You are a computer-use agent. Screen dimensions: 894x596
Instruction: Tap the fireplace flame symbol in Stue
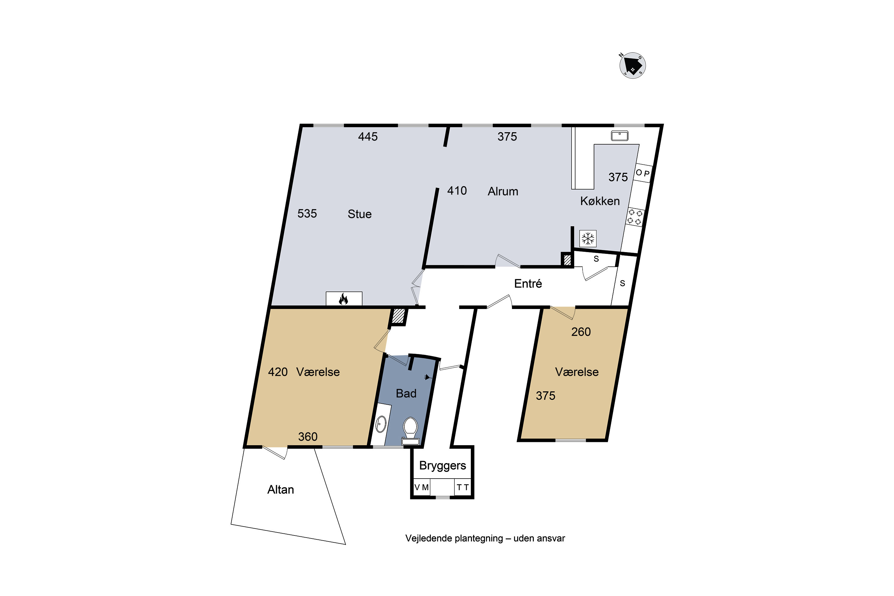click(x=343, y=299)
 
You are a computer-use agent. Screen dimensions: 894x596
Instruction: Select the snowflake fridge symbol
click(x=588, y=239)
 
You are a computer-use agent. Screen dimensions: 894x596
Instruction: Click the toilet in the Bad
click(x=411, y=431)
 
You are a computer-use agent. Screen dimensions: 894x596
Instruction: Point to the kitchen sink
click(x=620, y=136)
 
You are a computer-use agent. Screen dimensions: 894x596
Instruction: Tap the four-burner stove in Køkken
click(x=635, y=217)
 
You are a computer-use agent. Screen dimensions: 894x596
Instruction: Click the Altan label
click(x=280, y=490)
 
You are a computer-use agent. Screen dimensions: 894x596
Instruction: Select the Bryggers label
click(x=443, y=465)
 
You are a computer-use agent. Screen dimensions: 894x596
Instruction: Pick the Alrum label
click(x=503, y=191)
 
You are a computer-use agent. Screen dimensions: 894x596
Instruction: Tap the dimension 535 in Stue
click(x=307, y=214)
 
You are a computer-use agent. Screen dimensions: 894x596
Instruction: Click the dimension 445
click(x=368, y=136)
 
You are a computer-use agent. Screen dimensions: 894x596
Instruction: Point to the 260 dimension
click(x=581, y=332)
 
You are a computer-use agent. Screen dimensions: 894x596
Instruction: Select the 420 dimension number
click(x=278, y=372)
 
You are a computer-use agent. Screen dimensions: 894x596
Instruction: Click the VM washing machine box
click(x=422, y=487)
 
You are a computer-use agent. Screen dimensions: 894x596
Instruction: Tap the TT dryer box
click(x=462, y=487)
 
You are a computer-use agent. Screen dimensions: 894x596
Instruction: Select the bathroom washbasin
click(x=381, y=424)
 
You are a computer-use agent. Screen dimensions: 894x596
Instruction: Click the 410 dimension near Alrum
click(x=457, y=190)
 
